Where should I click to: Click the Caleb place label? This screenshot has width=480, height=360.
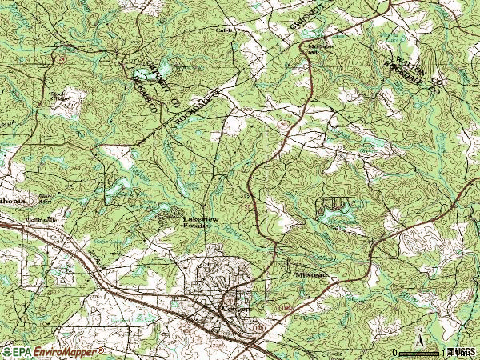coord(222,30)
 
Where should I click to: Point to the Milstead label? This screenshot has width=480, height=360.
coord(310,274)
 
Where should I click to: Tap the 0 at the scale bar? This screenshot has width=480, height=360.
coord(395,352)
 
